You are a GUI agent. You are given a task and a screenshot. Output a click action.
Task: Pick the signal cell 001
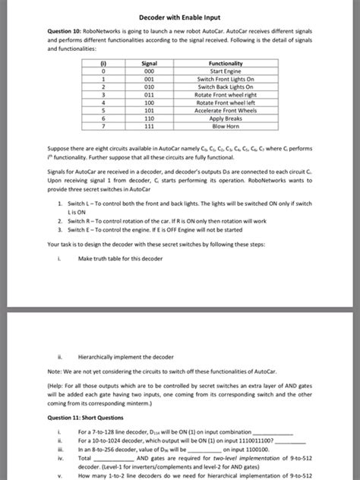pos(149,79)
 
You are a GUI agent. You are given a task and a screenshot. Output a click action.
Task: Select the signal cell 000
pos(149,71)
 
